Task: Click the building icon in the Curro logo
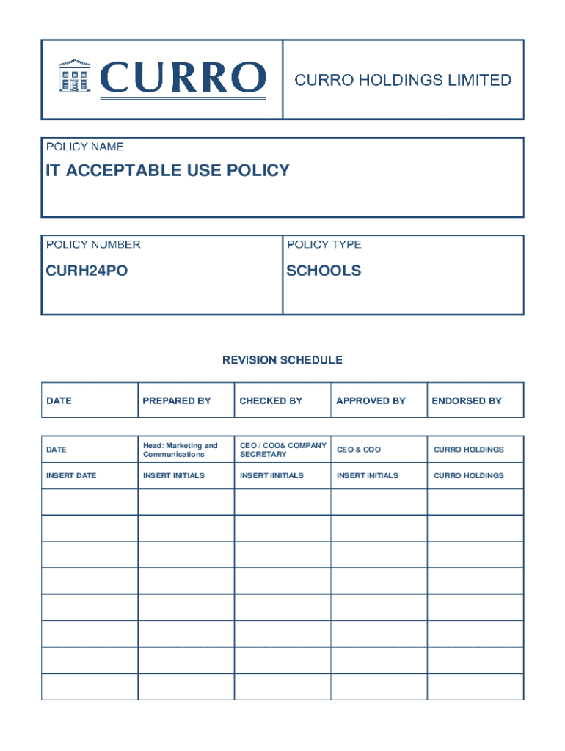pos(74,76)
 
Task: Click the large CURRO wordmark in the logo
pos(183,78)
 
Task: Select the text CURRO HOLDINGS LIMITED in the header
pos(403,80)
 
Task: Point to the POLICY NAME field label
pos(85,147)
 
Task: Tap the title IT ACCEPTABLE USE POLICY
pos(168,171)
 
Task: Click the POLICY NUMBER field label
pos(93,245)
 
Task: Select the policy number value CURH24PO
pos(87,271)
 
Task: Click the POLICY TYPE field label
pos(324,245)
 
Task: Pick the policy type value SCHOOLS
pos(324,271)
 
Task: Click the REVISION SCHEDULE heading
pos(282,360)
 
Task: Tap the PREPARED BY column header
pos(177,401)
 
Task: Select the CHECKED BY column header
pos(271,401)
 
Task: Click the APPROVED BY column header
pos(371,401)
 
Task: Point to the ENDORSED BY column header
pos(467,401)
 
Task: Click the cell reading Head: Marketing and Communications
pos(181,450)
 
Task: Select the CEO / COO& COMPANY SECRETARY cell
pos(282,450)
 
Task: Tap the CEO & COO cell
pos(359,450)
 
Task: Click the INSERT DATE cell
pos(71,476)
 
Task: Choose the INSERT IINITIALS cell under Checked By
pos(271,476)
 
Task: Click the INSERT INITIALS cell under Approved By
pos(368,476)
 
